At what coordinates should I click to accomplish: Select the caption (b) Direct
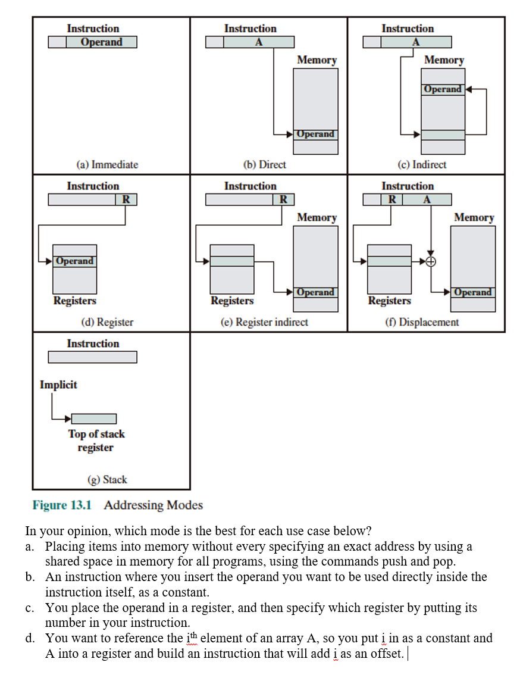(x=264, y=164)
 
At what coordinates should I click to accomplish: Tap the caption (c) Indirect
(x=421, y=164)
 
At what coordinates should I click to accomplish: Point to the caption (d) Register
(x=107, y=322)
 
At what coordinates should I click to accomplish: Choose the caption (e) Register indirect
(x=264, y=322)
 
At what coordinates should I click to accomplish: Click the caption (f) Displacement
(x=421, y=322)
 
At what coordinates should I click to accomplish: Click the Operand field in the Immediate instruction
(x=101, y=42)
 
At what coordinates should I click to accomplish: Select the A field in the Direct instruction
(x=259, y=42)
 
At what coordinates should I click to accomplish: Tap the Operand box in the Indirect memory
(x=443, y=89)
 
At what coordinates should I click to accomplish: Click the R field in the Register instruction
(x=126, y=199)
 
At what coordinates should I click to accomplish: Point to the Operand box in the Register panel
(x=75, y=261)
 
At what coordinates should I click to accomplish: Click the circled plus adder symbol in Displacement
(x=431, y=261)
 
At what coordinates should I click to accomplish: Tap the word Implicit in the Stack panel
(x=58, y=385)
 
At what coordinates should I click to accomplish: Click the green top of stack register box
(x=93, y=419)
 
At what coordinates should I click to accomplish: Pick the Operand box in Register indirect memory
(x=315, y=292)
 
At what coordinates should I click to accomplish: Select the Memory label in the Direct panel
(x=317, y=60)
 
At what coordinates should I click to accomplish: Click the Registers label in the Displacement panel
(x=389, y=301)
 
